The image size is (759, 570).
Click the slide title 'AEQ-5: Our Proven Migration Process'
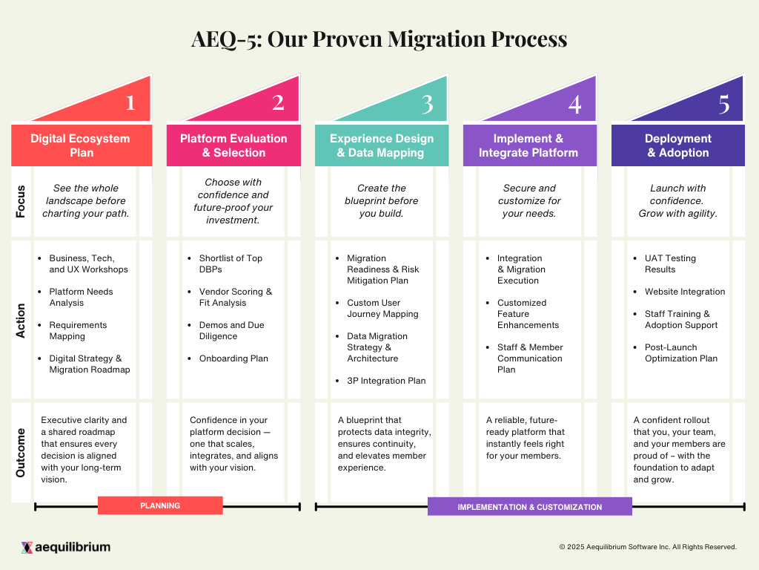(379, 39)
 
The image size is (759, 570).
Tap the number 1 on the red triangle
(130, 102)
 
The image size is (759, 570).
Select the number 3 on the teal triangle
(427, 104)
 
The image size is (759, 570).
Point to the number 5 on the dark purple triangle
(723, 104)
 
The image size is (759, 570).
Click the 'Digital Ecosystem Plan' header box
(80, 145)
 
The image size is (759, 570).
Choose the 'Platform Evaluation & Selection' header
(233, 145)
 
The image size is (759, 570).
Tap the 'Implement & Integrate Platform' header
(528, 145)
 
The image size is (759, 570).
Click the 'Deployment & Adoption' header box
(677, 145)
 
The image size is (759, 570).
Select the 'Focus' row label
(21, 201)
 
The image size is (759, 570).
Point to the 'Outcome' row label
(21, 453)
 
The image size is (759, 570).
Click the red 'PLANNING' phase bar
(160, 505)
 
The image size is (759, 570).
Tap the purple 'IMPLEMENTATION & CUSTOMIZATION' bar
(529, 507)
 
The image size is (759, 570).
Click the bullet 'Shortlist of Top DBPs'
(231, 263)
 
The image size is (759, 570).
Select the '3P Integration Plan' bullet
(386, 381)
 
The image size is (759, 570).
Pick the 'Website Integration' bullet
(684, 292)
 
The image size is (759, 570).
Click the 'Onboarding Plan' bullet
(233, 358)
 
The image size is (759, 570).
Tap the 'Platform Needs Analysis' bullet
(81, 297)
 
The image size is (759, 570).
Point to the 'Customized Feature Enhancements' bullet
(528, 314)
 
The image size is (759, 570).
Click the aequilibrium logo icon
(27, 548)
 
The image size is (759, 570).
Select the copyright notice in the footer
(648, 547)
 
